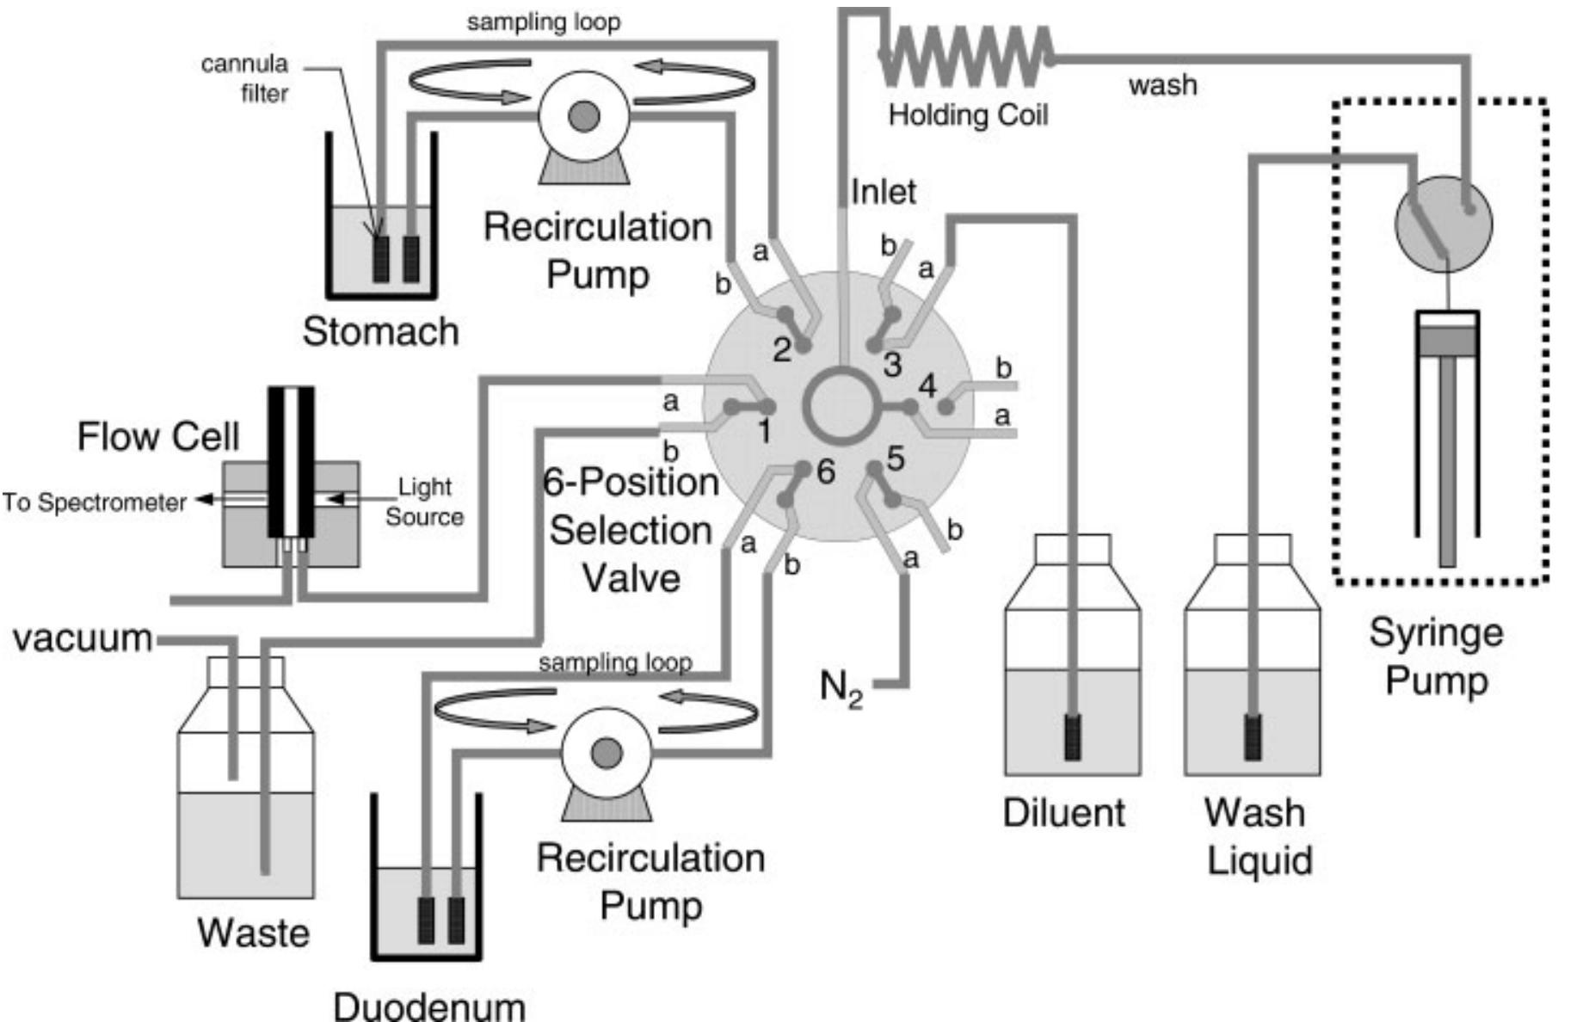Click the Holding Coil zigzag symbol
965,56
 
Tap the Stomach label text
380,331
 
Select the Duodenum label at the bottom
428,1005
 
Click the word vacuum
83,638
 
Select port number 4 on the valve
927,386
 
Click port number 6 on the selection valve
825,471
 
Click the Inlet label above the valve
883,191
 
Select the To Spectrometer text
94,502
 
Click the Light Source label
424,502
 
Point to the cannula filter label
246,78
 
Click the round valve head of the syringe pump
1443,223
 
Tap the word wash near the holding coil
1162,85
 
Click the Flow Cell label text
158,436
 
